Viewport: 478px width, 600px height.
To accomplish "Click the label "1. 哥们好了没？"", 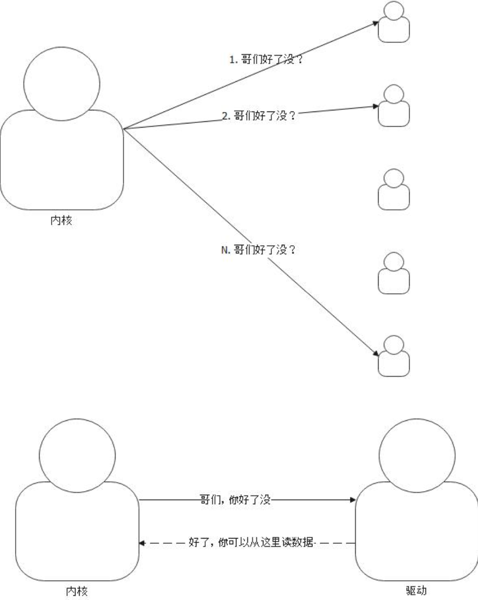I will [x=267, y=60].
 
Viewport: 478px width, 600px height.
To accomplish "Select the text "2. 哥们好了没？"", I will [x=259, y=116].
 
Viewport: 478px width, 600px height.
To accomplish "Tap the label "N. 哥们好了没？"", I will [x=258, y=250].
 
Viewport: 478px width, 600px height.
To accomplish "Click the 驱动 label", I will [x=416, y=591].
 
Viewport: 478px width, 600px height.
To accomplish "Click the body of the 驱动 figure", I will [x=416, y=531].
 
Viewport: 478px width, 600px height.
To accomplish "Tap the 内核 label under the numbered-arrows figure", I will [x=61, y=220].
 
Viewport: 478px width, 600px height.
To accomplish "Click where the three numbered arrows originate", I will [x=124, y=128].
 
